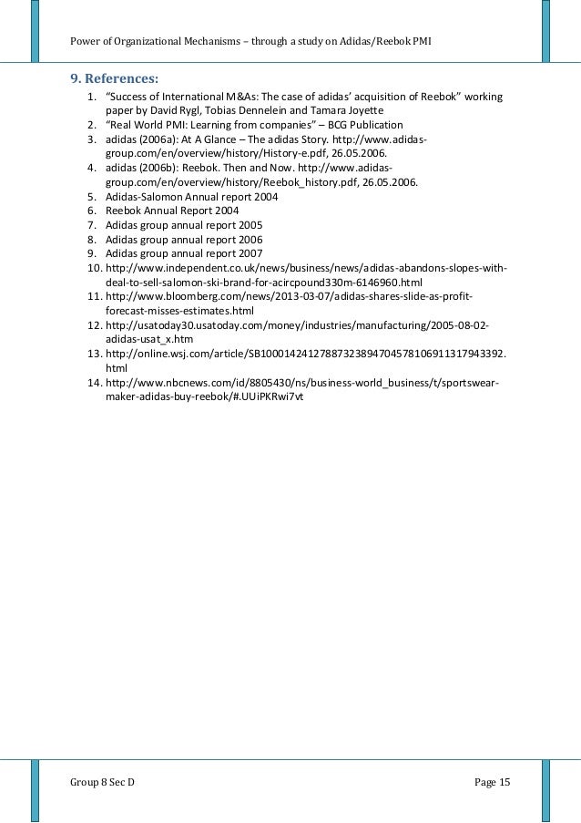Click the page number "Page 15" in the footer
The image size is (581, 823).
click(x=493, y=782)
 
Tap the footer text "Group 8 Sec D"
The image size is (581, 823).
click(x=103, y=782)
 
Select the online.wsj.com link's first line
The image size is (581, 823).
click(x=307, y=354)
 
